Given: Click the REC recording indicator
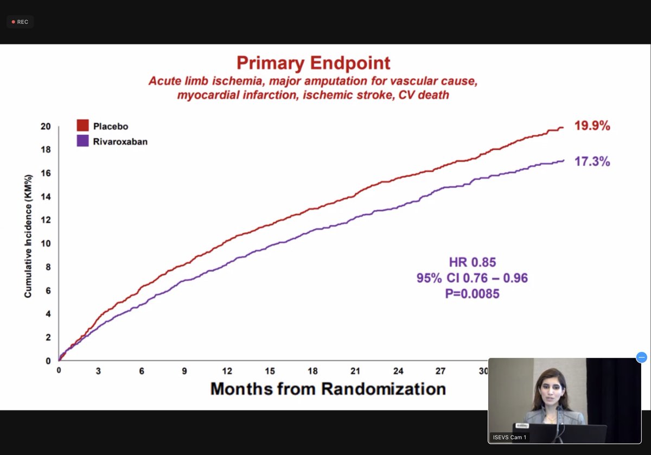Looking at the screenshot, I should (x=20, y=22).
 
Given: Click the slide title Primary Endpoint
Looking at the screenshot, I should (x=313, y=63).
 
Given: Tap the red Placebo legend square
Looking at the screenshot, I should (x=82, y=126).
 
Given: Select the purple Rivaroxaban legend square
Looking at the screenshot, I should (x=82, y=141).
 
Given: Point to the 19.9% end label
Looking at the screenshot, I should (x=592, y=126).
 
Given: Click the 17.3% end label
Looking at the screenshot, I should (x=592, y=161).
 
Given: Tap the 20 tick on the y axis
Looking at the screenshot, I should (x=46, y=127).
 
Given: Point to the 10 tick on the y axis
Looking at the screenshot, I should (x=46, y=243).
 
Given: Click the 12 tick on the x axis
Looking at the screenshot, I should (x=227, y=371).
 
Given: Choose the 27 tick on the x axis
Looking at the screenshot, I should (x=441, y=371).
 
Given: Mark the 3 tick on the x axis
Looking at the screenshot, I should (x=99, y=371).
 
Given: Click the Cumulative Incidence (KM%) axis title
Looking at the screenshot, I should (x=28, y=236).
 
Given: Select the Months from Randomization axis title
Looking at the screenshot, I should (x=328, y=389).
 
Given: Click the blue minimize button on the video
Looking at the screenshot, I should (x=641, y=357).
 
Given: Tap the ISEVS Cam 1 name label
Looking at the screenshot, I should (x=508, y=437).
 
